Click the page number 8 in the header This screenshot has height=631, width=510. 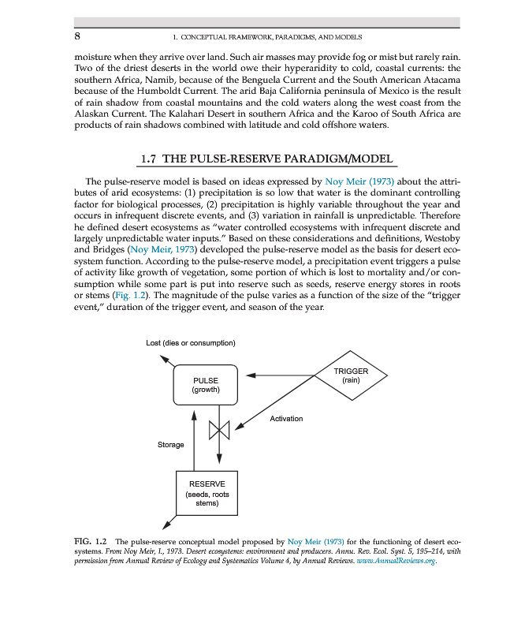tap(77, 36)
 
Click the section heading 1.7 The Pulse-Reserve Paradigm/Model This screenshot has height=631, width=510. tap(266, 159)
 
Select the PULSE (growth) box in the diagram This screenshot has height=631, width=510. tap(205, 385)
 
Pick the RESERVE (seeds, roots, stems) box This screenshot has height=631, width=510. tap(207, 493)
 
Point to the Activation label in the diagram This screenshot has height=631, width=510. tap(286, 418)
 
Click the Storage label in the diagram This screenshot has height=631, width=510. tap(170, 445)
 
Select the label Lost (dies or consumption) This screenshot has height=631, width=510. tap(190, 342)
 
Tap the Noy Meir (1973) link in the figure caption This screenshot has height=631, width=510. tap(315, 542)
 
